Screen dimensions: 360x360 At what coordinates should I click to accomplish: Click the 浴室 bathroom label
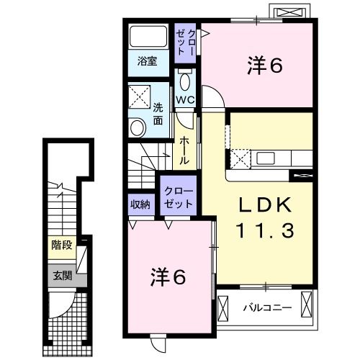(x=147, y=61)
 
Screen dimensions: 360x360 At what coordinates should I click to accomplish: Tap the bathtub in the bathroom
(x=148, y=37)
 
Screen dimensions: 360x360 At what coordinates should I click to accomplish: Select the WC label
(x=185, y=99)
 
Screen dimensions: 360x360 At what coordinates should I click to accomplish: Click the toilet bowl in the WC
(x=184, y=81)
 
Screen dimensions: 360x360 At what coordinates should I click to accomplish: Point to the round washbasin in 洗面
(x=137, y=127)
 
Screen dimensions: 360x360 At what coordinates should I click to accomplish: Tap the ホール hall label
(x=184, y=150)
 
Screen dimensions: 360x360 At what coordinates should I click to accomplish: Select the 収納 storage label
(x=140, y=204)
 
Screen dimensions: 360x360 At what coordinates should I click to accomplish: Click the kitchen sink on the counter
(x=266, y=158)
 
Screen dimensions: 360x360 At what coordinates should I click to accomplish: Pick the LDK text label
(x=265, y=204)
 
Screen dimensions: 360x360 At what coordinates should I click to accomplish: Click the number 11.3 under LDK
(x=265, y=230)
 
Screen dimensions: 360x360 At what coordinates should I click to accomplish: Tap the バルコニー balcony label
(x=268, y=307)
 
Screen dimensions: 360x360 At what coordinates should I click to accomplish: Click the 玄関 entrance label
(x=63, y=276)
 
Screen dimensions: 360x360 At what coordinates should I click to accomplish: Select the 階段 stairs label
(x=62, y=246)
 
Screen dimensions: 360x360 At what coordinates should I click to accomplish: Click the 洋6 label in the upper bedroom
(x=265, y=65)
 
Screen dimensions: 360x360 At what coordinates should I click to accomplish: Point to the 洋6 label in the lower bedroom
(x=168, y=277)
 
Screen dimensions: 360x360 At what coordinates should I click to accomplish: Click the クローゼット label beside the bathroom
(x=185, y=42)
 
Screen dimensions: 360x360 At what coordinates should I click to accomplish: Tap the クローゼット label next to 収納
(x=179, y=198)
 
